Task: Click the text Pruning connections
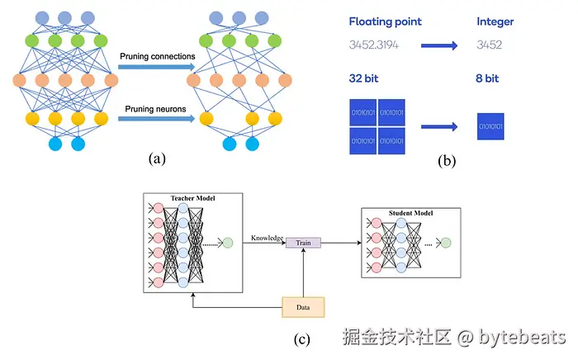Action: tap(156, 56)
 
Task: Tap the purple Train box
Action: tap(303, 242)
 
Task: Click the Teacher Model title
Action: tap(192, 199)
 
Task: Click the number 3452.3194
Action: tap(374, 45)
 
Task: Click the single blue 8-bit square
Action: tap(490, 128)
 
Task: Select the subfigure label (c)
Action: tap(303, 337)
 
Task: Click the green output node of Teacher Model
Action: tap(228, 243)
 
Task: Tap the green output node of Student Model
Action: tap(446, 243)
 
